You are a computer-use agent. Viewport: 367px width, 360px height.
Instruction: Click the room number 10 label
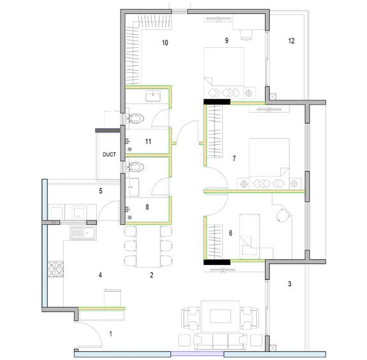[x=164, y=43]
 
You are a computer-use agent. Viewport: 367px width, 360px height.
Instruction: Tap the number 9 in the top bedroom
[x=226, y=41]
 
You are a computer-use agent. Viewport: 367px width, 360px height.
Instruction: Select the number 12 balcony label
[x=291, y=41]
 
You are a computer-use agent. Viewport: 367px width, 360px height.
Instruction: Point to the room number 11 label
[x=147, y=141]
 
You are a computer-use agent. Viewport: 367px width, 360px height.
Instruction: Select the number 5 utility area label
[x=101, y=190]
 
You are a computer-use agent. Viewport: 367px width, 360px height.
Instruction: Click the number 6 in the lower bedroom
[x=230, y=233]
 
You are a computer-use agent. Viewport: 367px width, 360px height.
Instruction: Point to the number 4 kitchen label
[x=99, y=275]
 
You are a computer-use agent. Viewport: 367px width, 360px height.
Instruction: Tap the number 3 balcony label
[x=289, y=284]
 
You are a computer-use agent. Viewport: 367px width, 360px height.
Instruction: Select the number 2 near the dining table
[x=151, y=275]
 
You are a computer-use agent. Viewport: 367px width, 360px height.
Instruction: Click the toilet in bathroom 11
[x=138, y=118]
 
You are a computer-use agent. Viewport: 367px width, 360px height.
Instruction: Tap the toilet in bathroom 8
[x=138, y=167]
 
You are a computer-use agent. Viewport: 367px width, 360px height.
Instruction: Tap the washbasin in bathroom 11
[x=153, y=96]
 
